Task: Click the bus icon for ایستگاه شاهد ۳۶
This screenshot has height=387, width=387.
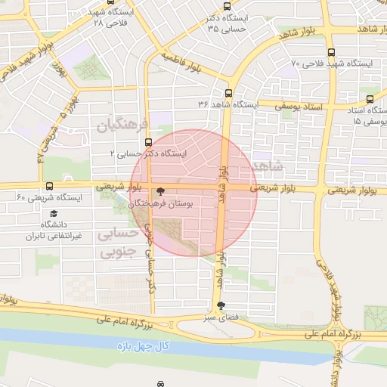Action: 228,94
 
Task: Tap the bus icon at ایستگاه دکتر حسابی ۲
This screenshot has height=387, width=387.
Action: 147,142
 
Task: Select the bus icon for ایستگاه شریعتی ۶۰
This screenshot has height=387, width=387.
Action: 50,186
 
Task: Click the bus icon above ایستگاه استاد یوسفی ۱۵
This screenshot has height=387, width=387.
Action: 370,99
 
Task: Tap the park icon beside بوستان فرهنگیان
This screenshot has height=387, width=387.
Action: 159,193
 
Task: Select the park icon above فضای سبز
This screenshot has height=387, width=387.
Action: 220,307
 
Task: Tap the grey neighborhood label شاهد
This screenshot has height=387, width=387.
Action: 269,166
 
